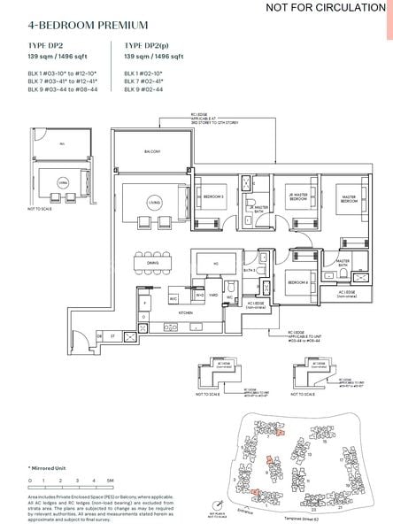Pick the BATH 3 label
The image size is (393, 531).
[x=250, y=270]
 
